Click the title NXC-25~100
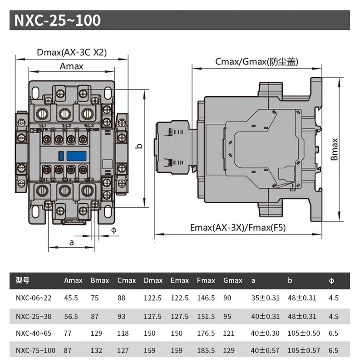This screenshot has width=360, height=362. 57,21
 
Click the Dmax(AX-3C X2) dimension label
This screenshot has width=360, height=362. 72,52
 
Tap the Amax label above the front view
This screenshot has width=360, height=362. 72,66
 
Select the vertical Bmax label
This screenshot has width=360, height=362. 335,149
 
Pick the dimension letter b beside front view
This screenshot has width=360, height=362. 140,146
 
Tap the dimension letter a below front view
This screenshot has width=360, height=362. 71,242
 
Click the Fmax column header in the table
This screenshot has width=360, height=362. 206,280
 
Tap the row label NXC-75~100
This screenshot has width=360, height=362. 35,351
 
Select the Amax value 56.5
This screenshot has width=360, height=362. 71,316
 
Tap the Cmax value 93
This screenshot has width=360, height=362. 121,316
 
